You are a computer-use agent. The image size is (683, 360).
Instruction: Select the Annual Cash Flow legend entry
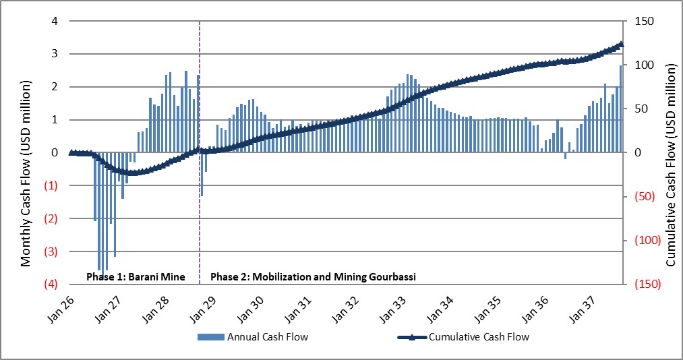pyautogui.click(x=253, y=336)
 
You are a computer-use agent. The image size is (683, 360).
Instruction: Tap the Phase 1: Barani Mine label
pyautogui.click(x=136, y=277)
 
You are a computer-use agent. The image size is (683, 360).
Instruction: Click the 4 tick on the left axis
pyautogui.click(x=55, y=21)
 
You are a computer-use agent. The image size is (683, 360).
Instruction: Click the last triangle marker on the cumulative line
pyautogui.click(x=621, y=44)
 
